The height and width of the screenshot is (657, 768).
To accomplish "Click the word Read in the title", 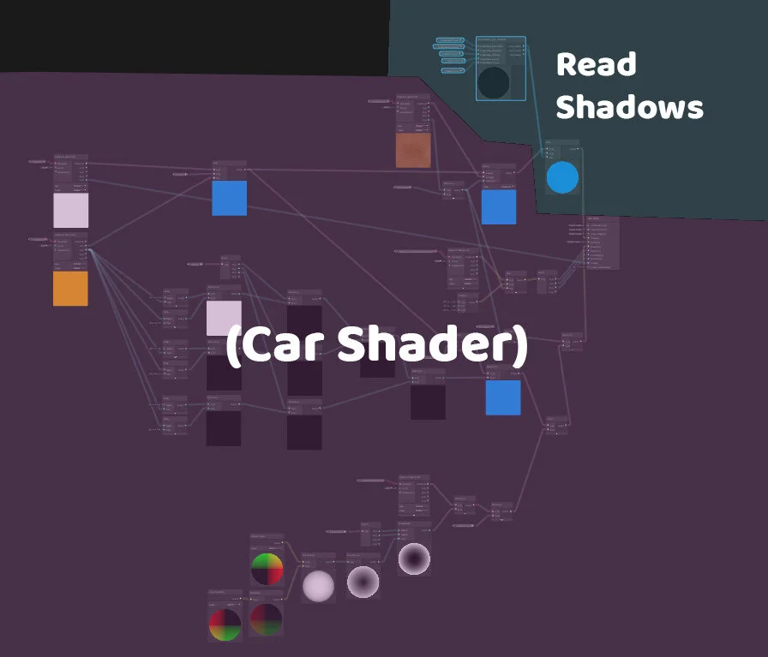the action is [x=596, y=65].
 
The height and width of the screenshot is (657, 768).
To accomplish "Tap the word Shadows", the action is [x=629, y=108].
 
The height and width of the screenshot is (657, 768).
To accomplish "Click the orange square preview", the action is [x=70, y=289].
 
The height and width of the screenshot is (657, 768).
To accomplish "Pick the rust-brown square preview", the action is [x=413, y=151].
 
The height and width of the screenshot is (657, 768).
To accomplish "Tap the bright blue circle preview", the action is [x=562, y=177].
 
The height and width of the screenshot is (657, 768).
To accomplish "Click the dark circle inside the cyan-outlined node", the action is [x=493, y=83].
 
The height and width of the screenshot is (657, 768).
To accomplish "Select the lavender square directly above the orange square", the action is [x=70, y=210].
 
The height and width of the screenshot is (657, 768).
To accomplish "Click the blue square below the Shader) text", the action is [x=503, y=397].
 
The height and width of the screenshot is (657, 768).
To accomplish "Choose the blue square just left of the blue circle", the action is [x=499, y=206].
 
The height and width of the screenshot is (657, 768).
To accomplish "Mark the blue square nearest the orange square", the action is [x=230, y=198].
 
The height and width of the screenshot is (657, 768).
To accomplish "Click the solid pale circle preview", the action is [x=318, y=586].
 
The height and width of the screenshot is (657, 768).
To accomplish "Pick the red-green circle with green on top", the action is [x=267, y=569].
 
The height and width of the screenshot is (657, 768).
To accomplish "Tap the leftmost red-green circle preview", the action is [x=225, y=624].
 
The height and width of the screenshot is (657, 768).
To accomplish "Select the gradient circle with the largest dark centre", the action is [x=414, y=558].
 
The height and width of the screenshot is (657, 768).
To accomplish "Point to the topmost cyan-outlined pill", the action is [x=448, y=40].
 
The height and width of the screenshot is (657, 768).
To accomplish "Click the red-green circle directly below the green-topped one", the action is [x=266, y=619].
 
